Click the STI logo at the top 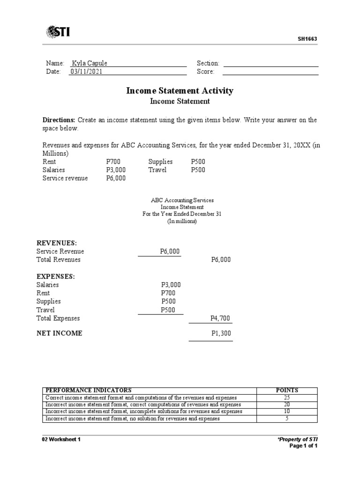coord(61,32)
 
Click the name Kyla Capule coord(89,63)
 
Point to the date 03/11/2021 coord(86,72)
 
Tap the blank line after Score coord(270,72)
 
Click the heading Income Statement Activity coord(180,90)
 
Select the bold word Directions coord(59,120)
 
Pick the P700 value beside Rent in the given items coord(113,162)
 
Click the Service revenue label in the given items coord(65,178)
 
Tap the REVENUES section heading coord(57,243)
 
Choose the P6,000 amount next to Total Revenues coord(221,260)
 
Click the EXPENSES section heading coord(55,277)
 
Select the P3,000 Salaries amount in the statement coord(171,285)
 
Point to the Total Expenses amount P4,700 coord(220,319)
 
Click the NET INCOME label coord(59,333)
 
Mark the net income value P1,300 coord(221,334)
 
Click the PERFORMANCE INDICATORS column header coord(88,390)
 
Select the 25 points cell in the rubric coord(287,397)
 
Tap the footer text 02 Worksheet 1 coord(61,439)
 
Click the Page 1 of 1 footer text coord(304,446)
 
